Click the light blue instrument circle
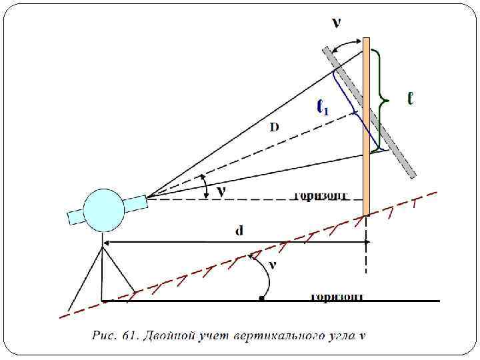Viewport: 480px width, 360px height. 104,209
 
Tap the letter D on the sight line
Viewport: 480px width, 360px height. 274,127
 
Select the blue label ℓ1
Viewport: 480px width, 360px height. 323,107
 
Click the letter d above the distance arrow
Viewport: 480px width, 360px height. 239,231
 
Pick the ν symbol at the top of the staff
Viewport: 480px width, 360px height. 337,23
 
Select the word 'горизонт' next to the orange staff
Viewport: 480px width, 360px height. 320,196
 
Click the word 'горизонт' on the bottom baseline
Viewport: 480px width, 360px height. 337,296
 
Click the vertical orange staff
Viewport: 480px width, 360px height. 366,127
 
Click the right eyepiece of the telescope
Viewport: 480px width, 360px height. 136,201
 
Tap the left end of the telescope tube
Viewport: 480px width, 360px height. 75,217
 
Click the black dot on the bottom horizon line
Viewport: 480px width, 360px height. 261,300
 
